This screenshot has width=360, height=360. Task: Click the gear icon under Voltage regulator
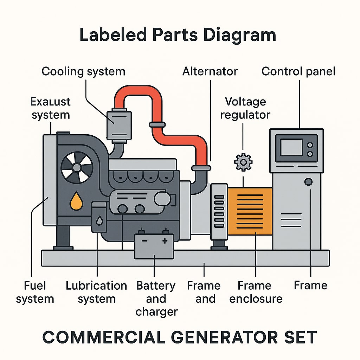point(243,162)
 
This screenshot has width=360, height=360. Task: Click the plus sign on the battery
point(165,241)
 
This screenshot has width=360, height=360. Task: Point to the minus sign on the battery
point(144,242)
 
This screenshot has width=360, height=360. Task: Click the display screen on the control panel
point(291,147)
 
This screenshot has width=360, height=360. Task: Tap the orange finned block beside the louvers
point(250,211)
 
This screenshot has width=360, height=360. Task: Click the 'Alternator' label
point(210,71)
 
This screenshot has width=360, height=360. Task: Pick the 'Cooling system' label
point(83,71)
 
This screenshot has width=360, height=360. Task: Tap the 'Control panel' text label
point(298,71)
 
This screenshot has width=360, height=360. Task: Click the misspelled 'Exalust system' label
point(51,108)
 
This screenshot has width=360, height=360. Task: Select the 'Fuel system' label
point(35,292)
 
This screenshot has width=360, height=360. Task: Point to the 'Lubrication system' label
point(96,292)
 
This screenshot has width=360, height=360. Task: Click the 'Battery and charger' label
point(156,298)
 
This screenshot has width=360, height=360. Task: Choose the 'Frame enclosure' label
point(256,292)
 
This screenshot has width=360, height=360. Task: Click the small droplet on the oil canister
point(99,221)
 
